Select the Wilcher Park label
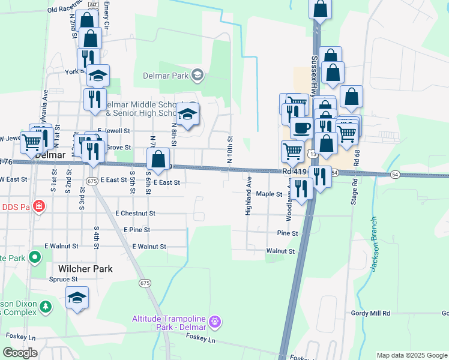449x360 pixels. pyautogui.click(x=85, y=269)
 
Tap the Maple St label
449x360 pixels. pyautogui.click(x=269, y=194)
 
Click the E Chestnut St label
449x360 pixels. pyautogui.click(x=136, y=213)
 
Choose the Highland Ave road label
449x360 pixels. pyautogui.click(x=247, y=196)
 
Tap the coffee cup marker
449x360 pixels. pyautogui.click(x=301, y=128)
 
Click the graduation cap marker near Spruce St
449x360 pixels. pyautogui.click(x=77, y=298)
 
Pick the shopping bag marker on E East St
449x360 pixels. pyautogui.click(x=158, y=160)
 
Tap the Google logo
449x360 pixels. pyautogui.click(x=20, y=353)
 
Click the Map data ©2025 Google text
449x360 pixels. pyautogui.click(x=411, y=355)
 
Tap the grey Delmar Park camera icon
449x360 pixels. pyautogui.click(x=197, y=76)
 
